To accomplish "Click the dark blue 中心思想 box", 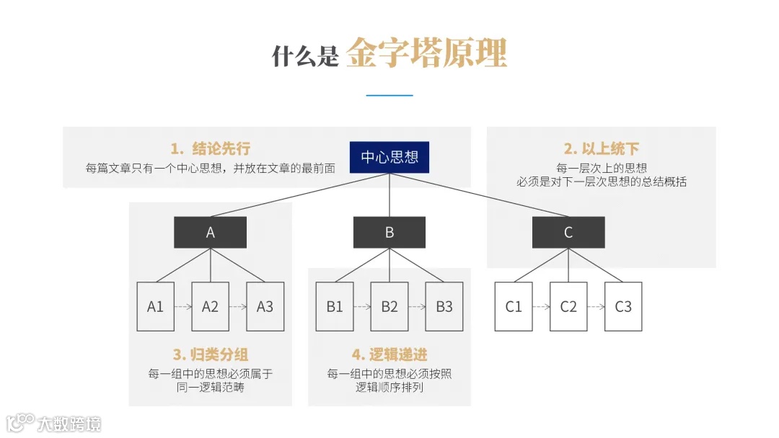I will click(389, 157).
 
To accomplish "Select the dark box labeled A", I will click(211, 232).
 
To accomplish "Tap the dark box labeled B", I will click(389, 232).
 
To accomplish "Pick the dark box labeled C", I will click(568, 232).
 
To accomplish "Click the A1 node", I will click(156, 306).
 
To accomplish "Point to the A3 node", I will click(265, 306).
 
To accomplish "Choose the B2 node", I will click(389, 306).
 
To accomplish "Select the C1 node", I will click(514, 306).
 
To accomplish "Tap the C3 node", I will click(623, 306).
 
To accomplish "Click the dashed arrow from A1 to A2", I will click(183, 307).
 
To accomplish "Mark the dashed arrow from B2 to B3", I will click(417, 307).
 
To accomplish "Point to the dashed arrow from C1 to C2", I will click(541, 307).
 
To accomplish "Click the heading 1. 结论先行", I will click(211, 149).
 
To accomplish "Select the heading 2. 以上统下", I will click(602, 149).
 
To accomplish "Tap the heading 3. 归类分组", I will click(211, 354).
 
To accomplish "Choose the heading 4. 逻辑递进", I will click(389, 354).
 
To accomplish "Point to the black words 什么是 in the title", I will click(305, 56).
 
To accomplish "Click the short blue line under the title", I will click(389, 95).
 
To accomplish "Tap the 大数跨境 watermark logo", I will click(54, 423).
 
